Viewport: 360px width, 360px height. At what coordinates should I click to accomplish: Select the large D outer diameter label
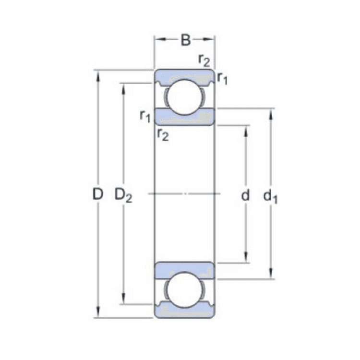[98, 194]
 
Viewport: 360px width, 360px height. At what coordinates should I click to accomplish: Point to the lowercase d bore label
[246, 195]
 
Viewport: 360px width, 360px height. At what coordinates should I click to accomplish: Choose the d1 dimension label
[271, 195]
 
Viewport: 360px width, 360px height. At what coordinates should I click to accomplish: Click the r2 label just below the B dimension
[204, 60]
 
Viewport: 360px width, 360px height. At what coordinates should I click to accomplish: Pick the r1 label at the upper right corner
[222, 78]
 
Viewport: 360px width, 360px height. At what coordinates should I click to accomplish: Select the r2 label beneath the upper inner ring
[163, 135]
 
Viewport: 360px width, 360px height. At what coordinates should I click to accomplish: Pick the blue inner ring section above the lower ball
[184, 270]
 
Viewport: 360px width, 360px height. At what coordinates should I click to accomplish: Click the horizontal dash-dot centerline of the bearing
[184, 194]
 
